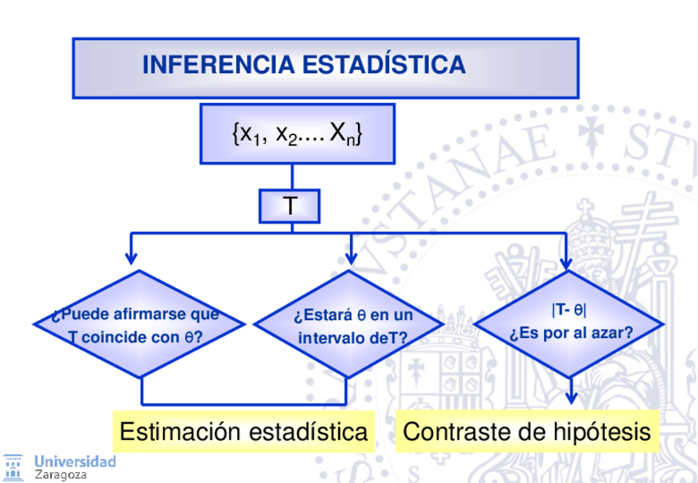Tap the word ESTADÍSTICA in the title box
[x=384, y=65]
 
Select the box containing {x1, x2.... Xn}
[x=297, y=134]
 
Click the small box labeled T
[x=290, y=206]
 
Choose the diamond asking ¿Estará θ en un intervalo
[x=352, y=324]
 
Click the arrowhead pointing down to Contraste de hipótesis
[x=570, y=398]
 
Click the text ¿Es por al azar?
[x=570, y=334]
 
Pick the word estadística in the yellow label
[x=308, y=431]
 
